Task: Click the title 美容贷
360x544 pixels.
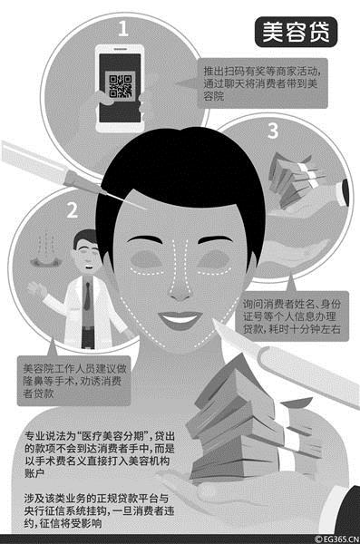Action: click(x=296, y=32)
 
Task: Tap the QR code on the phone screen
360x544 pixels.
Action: click(x=120, y=86)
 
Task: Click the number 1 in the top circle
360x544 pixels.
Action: click(x=123, y=28)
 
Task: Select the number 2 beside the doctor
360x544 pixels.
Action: click(x=72, y=210)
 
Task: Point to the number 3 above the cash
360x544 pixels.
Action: click(x=273, y=131)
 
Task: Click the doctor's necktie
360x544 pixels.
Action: click(x=87, y=296)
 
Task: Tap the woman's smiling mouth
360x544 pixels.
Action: click(x=180, y=319)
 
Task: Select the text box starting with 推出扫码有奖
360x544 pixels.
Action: click(x=262, y=83)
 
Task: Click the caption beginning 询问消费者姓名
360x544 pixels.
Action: click(x=291, y=316)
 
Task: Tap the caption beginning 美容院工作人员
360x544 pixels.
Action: click(x=74, y=381)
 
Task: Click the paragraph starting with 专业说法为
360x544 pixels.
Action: click(x=99, y=454)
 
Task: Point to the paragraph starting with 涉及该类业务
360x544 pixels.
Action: click(x=99, y=510)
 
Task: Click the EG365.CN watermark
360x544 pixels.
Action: click(x=336, y=539)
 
